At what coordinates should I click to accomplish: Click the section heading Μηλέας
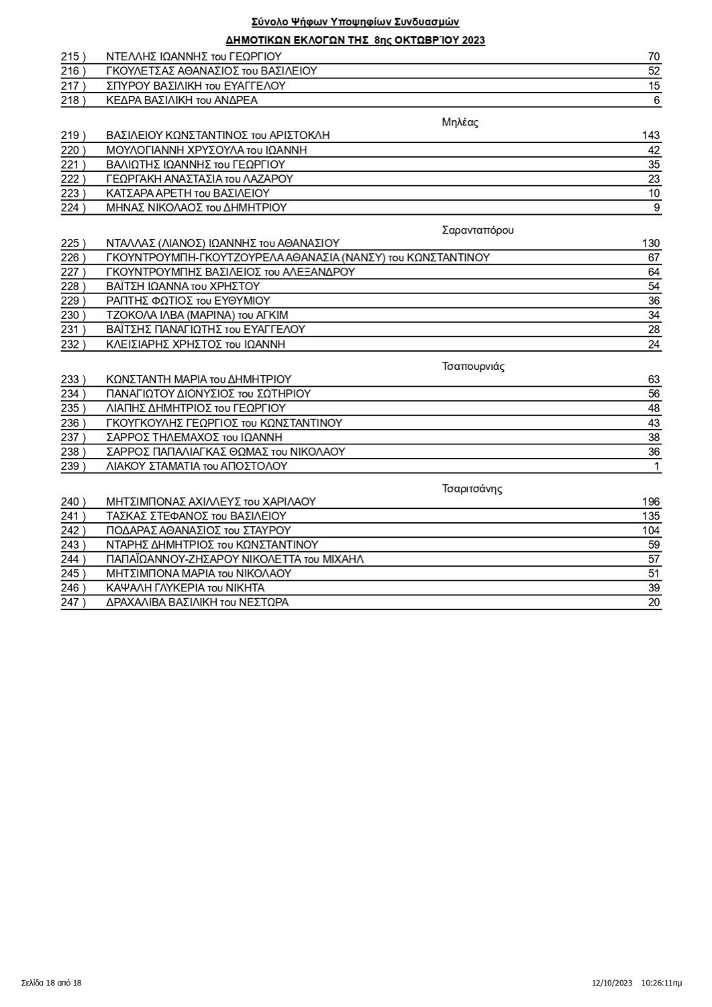[x=460, y=122]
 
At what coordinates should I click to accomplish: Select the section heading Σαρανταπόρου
[x=478, y=230]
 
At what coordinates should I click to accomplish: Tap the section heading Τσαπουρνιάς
[x=473, y=367]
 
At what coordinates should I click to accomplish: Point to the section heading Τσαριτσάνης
[x=472, y=488]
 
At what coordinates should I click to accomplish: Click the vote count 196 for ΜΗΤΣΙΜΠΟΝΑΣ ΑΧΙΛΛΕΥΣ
[x=650, y=501]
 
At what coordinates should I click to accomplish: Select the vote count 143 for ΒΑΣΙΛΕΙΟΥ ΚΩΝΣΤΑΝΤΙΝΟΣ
[x=650, y=135]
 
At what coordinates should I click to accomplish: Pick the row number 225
[x=73, y=243]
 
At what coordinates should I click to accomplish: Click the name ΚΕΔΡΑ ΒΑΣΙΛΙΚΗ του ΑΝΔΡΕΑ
[x=182, y=100]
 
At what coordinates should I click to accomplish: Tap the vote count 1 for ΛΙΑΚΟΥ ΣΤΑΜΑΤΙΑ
[x=657, y=466]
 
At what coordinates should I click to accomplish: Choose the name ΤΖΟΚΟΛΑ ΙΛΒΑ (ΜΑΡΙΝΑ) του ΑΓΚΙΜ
[x=197, y=315]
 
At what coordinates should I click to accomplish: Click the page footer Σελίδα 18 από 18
[x=51, y=983]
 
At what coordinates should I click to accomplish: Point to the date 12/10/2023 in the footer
[x=612, y=983]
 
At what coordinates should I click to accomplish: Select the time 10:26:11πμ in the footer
[x=662, y=983]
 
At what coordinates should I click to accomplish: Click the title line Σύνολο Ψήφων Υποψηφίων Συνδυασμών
[x=356, y=22]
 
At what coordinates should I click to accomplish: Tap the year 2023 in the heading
[x=474, y=40]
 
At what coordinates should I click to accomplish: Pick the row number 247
[x=73, y=602]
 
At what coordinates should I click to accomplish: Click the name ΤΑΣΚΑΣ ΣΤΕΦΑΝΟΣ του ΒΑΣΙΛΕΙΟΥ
[x=196, y=516]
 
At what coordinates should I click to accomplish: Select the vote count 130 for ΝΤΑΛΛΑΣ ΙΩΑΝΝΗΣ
[x=650, y=243]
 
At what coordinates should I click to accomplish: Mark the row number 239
[x=73, y=466]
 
